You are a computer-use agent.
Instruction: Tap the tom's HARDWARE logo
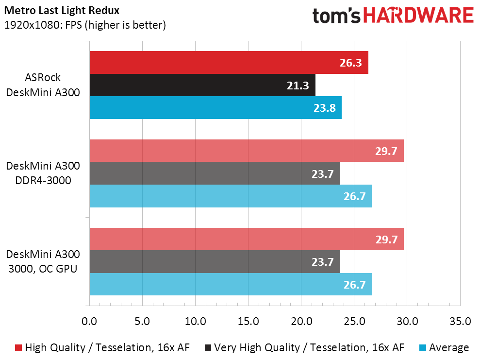coord(393,16)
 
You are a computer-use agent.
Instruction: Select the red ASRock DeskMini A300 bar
coord(228,63)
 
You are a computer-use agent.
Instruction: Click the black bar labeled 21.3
coord(202,85)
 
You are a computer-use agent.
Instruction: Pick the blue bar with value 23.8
coord(215,107)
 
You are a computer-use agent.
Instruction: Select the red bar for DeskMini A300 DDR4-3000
coord(246,151)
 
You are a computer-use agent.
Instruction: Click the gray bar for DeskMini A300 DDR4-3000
coord(215,173)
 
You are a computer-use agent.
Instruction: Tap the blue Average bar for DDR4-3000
coord(230,196)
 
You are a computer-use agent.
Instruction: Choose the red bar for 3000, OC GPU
coord(246,240)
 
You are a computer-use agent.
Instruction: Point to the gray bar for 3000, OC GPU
coord(215,262)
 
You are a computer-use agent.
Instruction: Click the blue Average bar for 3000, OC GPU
coord(230,284)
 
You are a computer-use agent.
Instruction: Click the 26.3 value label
coord(351,63)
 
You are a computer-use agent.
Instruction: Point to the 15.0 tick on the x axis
coord(248,321)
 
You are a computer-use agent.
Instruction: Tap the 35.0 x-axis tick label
coord(460,321)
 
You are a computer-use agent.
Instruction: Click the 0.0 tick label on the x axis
coord(89,321)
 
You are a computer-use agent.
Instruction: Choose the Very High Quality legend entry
coord(304,348)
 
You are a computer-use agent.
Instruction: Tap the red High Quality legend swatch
coord(18,348)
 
